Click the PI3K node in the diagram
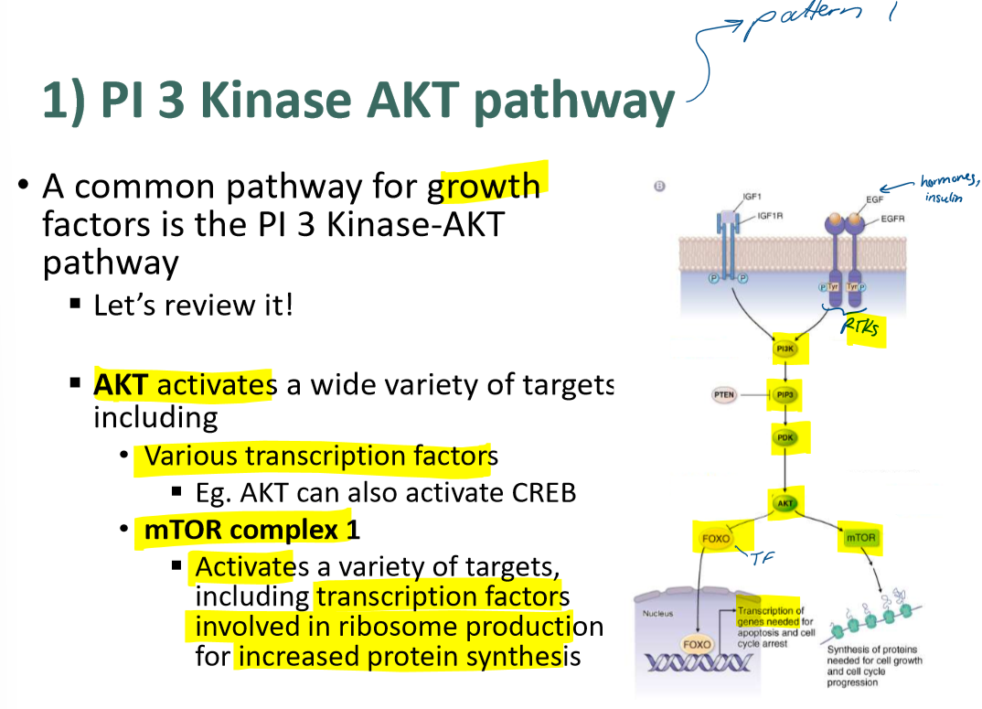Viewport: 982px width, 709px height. (x=785, y=349)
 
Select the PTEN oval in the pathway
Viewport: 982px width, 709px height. (x=723, y=395)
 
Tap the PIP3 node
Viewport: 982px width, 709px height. (x=785, y=395)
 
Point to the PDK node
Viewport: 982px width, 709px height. (x=785, y=438)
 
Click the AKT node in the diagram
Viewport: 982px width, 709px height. (x=785, y=504)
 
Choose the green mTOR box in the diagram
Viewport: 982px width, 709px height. (x=860, y=538)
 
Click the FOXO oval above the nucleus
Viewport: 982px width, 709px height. (x=716, y=539)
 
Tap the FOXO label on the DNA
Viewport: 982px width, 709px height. (x=697, y=644)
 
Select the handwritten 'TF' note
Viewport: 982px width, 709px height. (x=763, y=558)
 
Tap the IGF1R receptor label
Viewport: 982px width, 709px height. (x=768, y=216)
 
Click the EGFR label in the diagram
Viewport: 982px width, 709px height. (x=892, y=219)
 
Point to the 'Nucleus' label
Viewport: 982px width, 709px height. (x=657, y=613)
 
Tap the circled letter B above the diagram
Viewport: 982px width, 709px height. (x=659, y=187)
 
